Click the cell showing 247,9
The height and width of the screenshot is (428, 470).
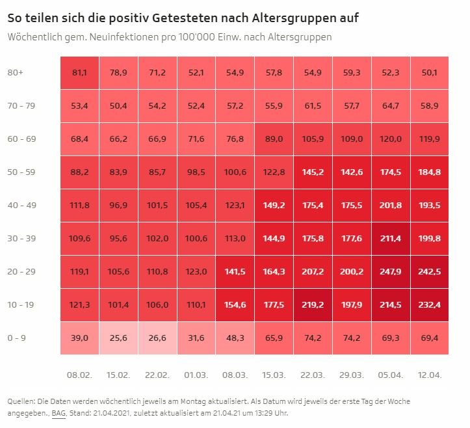point(391,272)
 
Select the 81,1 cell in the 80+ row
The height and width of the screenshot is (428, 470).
point(79,73)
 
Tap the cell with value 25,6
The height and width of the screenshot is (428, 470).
point(118,338)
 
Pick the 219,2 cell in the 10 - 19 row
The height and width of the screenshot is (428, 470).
point(313,305)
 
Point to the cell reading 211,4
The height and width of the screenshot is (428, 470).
point(391,239)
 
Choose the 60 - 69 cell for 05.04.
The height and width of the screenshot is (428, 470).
point(391,139)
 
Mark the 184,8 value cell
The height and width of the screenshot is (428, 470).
point(430,172)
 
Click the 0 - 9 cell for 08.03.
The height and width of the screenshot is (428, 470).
point(235,338)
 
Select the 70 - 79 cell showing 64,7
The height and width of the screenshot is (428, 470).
point(391,106)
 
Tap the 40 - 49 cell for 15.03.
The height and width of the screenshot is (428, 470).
point(274,206)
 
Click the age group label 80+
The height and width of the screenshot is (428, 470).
point(16,73)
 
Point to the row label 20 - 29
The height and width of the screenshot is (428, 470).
point(22,271)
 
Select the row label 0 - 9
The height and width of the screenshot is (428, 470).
point(16,338)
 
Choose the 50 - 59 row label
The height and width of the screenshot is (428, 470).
point(21,172)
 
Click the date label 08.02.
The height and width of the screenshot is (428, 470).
point(79,375)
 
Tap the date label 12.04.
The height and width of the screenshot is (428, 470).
point(430,375)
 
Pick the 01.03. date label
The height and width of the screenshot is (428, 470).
point(196,375)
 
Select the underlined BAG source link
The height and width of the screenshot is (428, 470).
point(59,413)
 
